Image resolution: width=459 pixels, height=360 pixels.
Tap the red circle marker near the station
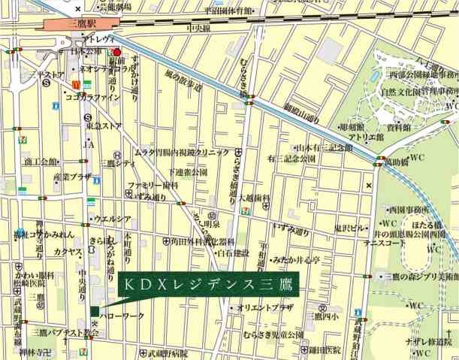[116, 53]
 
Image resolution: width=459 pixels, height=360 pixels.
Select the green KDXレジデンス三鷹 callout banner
[208, 286]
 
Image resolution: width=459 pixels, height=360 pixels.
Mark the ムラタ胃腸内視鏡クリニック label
[183, 152]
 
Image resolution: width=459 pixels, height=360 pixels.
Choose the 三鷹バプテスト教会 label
[65, 331]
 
